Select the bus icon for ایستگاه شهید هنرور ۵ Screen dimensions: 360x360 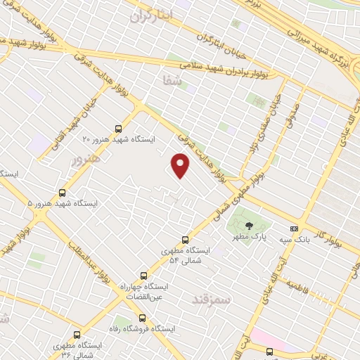point(63,192)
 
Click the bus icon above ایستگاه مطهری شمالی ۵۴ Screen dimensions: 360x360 point(186,240)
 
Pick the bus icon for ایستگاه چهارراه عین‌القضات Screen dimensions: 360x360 point(143,276)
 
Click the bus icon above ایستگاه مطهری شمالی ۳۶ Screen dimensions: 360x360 point(77,335)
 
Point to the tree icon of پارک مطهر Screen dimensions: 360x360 point(249,226)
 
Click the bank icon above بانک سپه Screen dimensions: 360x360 point(294,229)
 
